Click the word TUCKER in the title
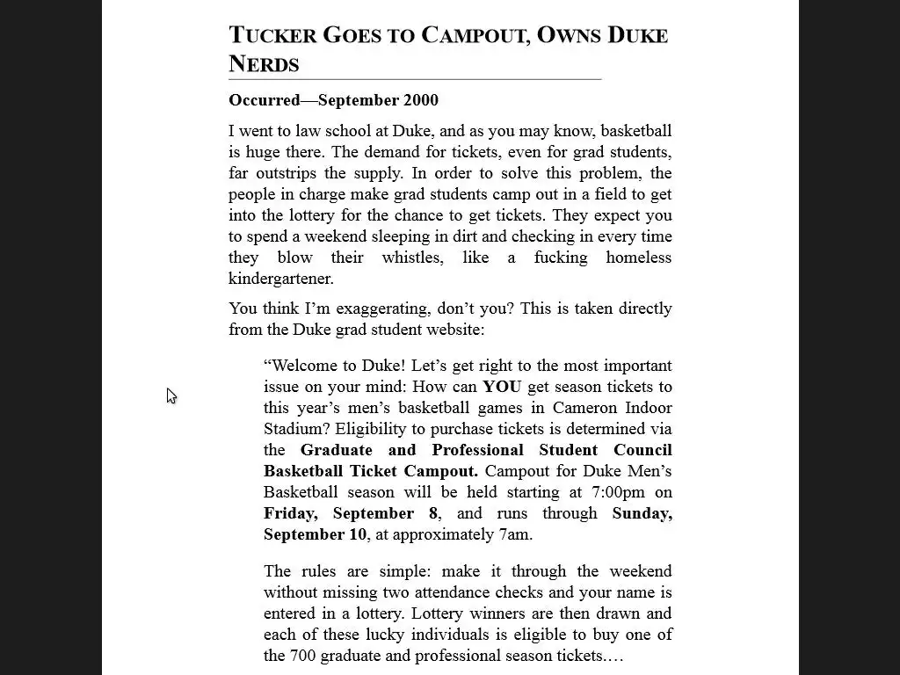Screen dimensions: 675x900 (x=272, y=35)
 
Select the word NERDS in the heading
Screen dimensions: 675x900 (x=264, y=64)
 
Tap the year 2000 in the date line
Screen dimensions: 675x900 (x=420, y=100)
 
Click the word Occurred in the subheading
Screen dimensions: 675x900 (x=264, y=100)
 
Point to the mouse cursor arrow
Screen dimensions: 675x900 (x=171, y=396)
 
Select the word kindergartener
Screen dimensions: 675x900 (x=281, y=279)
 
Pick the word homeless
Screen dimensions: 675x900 (x=638, y=258)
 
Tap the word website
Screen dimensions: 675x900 (x=454, y=330)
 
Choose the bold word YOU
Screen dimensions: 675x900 (x=501, y=387)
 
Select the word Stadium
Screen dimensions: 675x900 (x=296, y=429)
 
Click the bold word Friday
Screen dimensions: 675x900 (x=290, y=513)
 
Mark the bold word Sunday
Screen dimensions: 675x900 (x=642, y=513)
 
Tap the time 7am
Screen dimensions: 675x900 (x=513, y=534)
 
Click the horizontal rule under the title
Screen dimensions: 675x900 (x=415, y=79)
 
